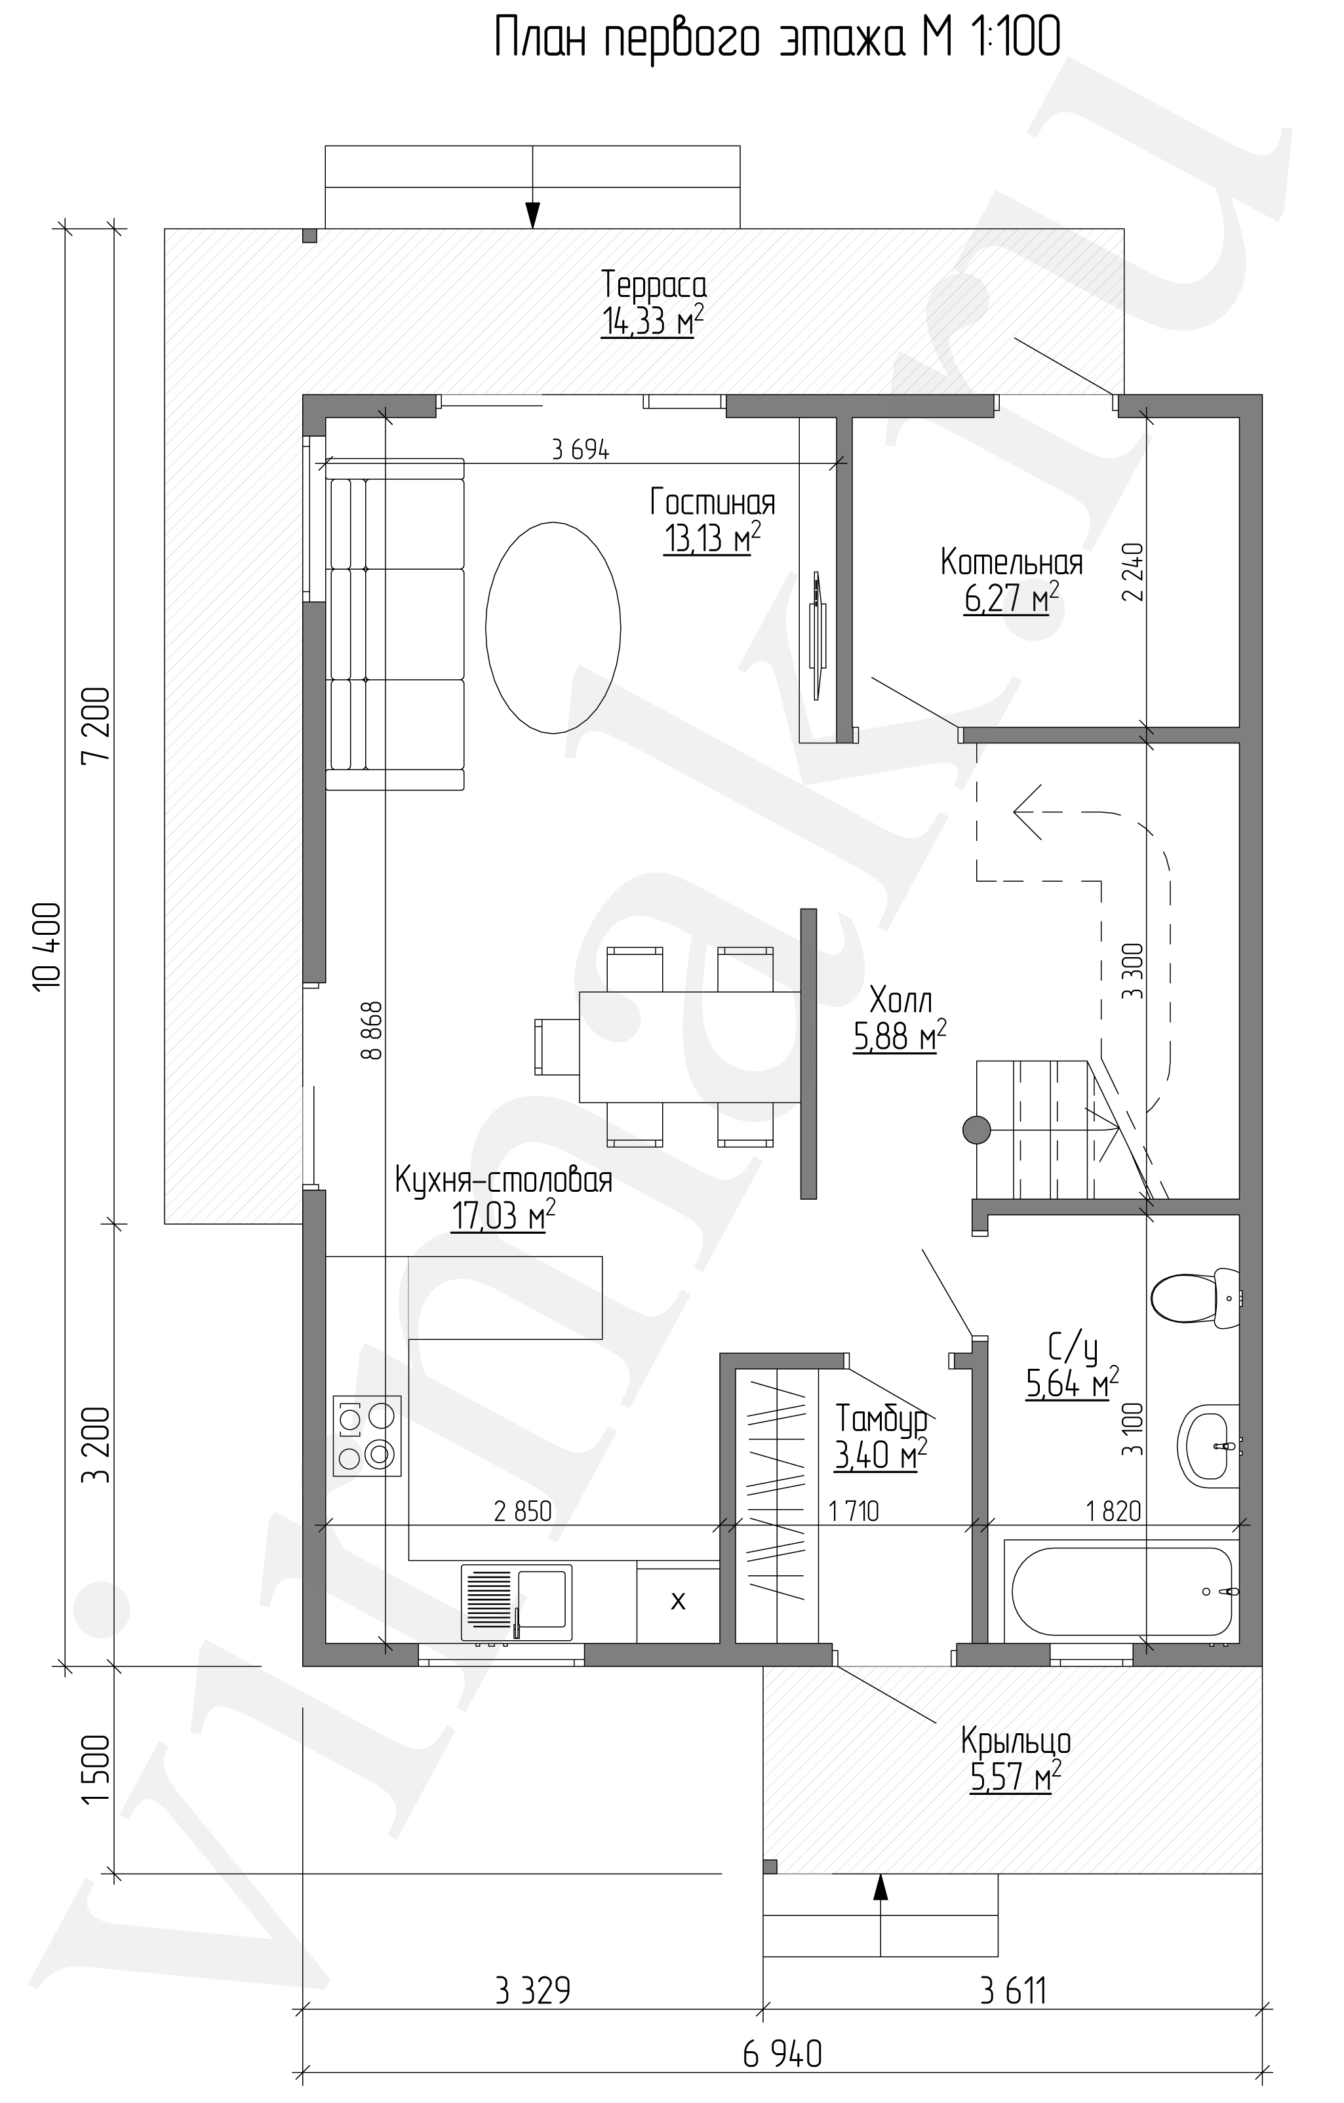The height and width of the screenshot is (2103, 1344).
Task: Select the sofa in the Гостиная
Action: click(395, 625)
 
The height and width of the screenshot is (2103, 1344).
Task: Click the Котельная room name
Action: click(1011, 563)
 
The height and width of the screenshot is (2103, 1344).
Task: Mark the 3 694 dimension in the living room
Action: click(581, 450)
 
